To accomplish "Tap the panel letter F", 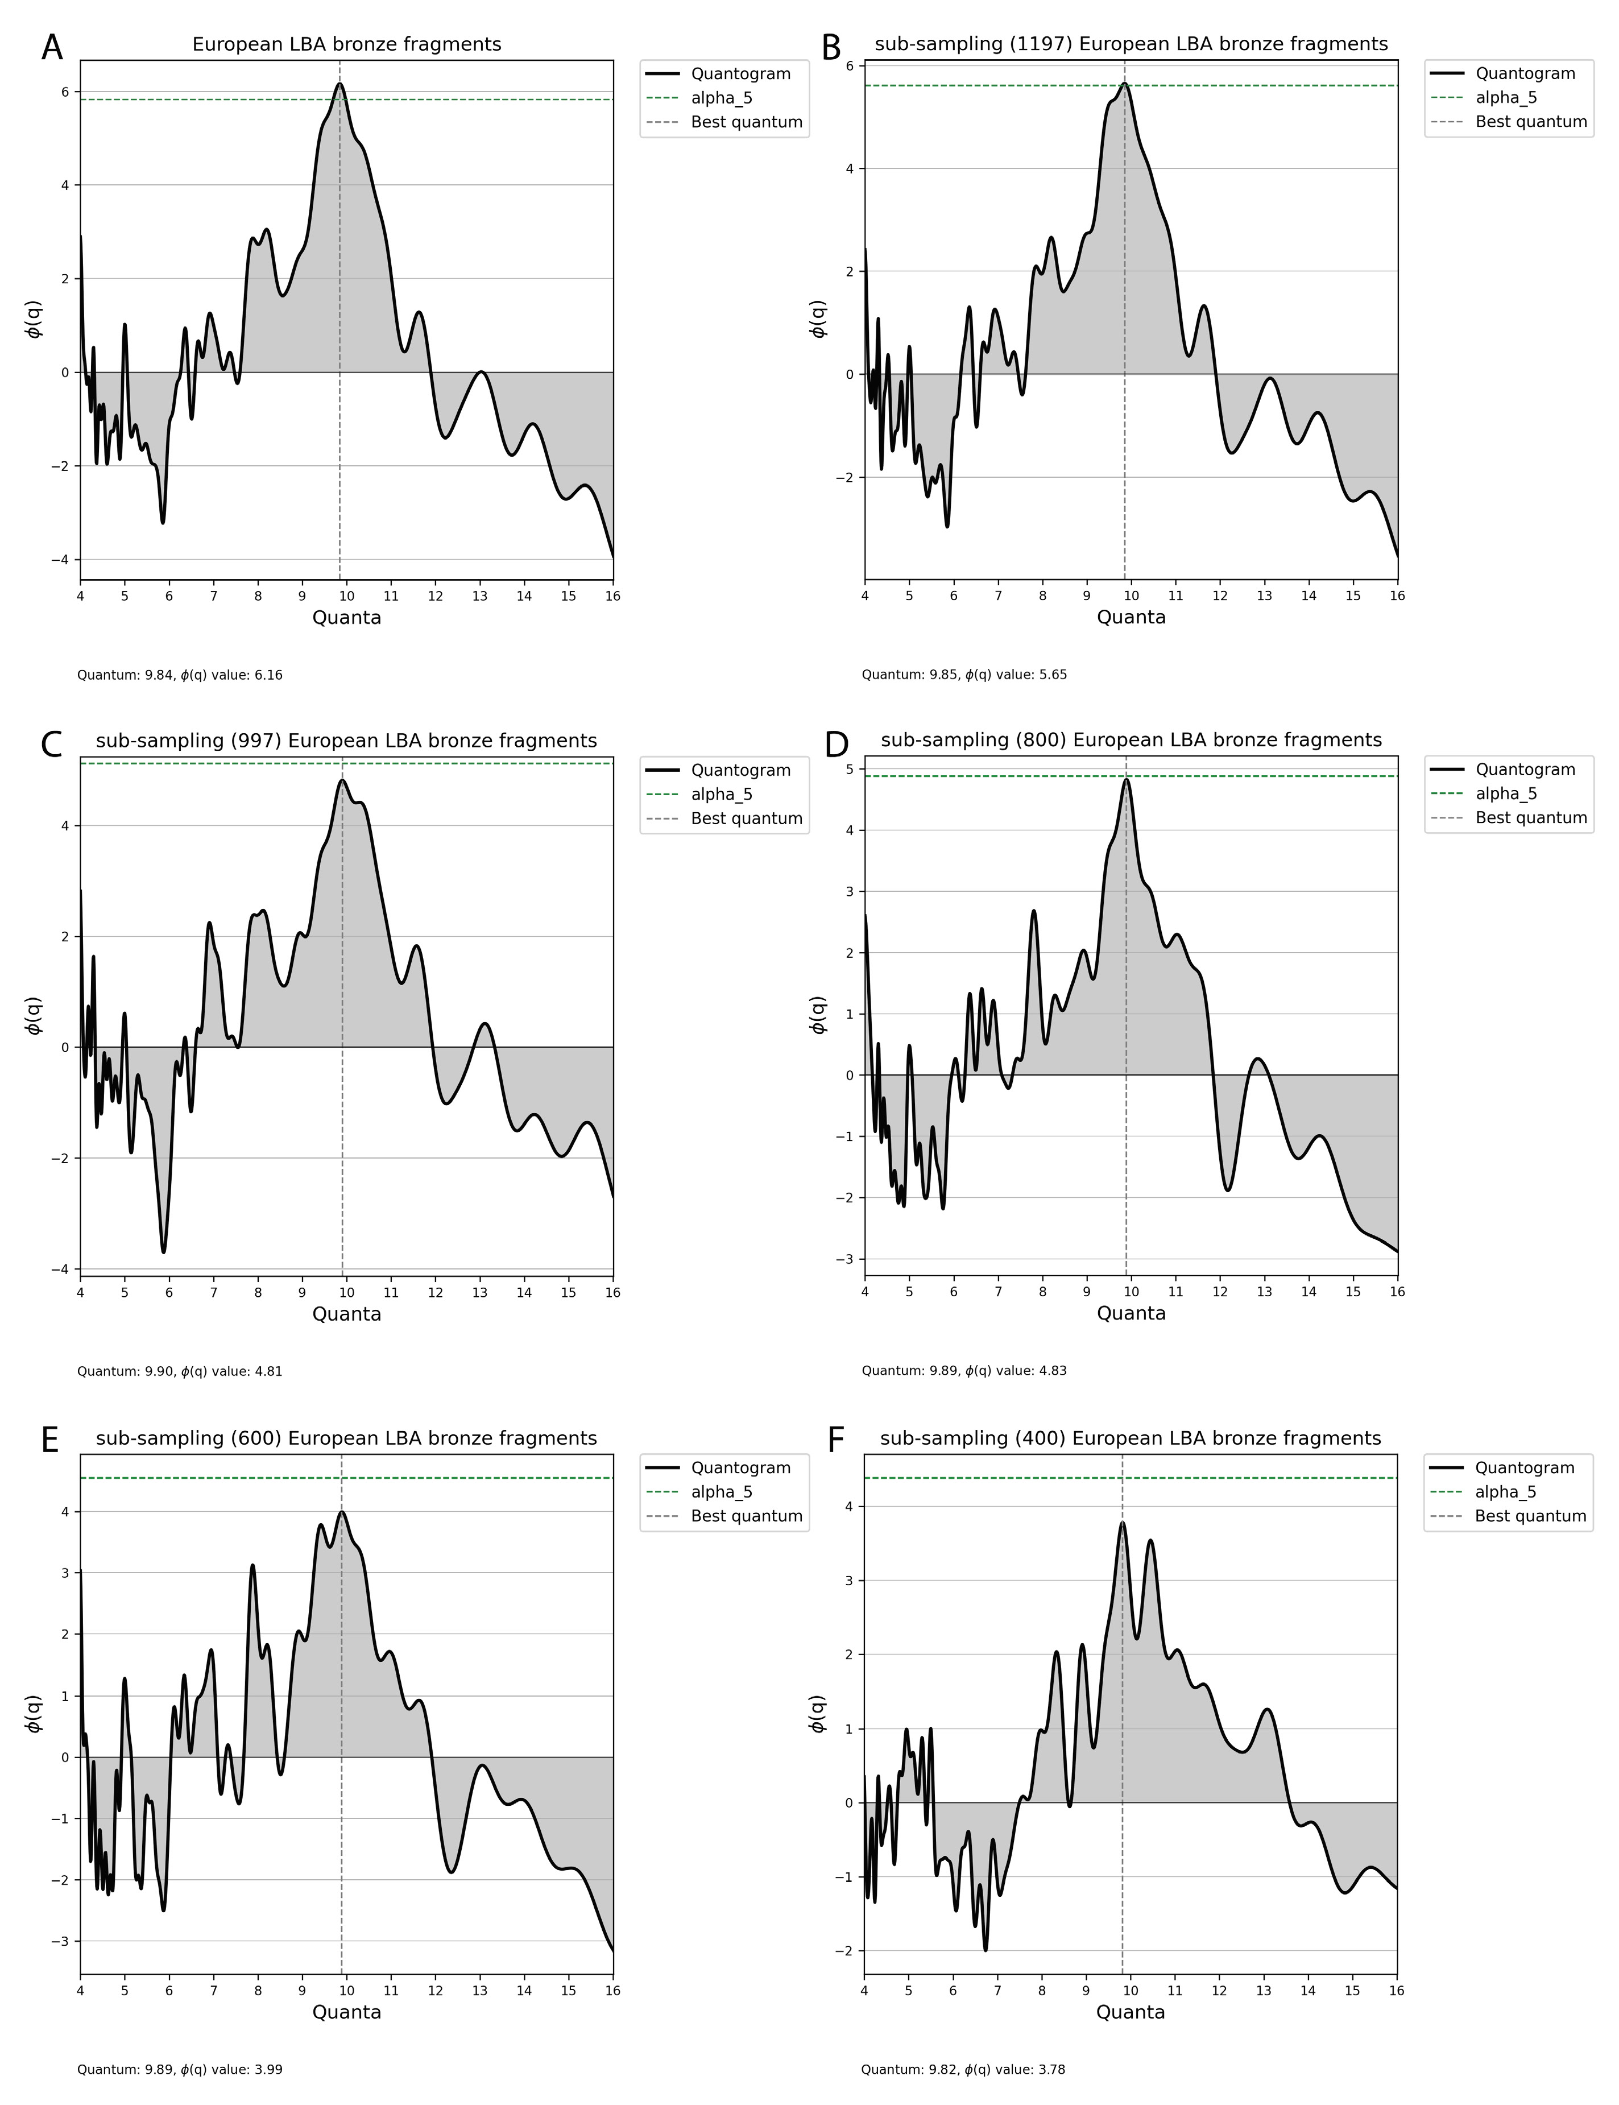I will coord(837,1441).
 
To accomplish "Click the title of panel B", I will coord(1131,44).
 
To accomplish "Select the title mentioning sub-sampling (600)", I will coord(346,1438).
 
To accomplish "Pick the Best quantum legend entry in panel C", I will coord(746,818).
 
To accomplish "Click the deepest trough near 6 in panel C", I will coord(164,1252).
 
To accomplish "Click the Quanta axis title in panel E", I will coord(346,2012).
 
